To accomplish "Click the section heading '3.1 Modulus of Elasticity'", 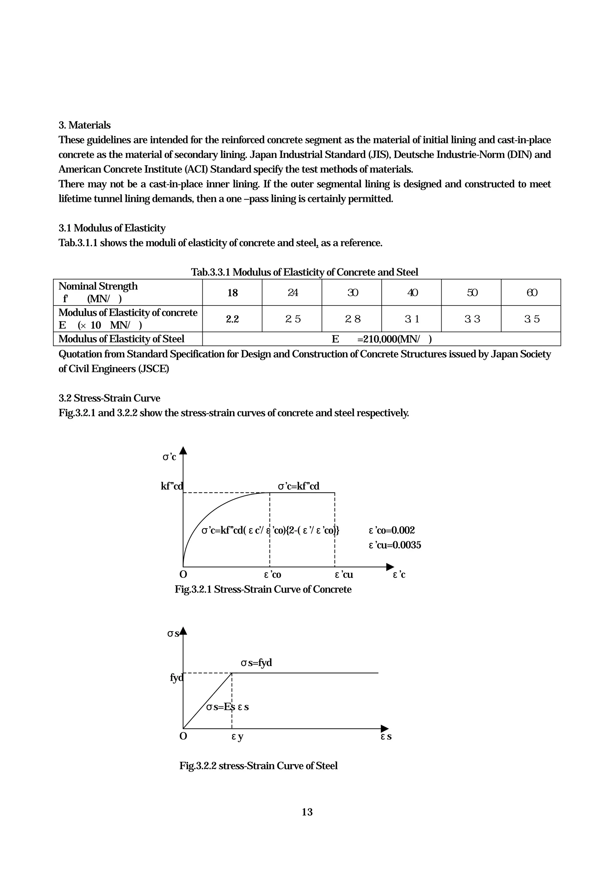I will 112,228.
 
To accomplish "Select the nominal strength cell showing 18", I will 232,293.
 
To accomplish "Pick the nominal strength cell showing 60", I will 532,293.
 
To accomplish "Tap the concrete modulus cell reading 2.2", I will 232,319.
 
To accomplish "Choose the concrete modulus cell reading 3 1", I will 412,319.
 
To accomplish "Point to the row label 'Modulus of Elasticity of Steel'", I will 121,339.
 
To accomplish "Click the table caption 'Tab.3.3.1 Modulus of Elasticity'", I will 305,272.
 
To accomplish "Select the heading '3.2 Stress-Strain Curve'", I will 109,398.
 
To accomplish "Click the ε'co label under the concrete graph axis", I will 273,575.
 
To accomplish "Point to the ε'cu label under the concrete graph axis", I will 344,575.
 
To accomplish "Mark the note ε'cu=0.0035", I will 395,545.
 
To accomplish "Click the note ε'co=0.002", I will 392,530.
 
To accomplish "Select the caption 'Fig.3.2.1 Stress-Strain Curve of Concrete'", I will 263,589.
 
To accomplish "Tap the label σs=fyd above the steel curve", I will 256,663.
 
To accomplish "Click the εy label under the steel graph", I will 237,736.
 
